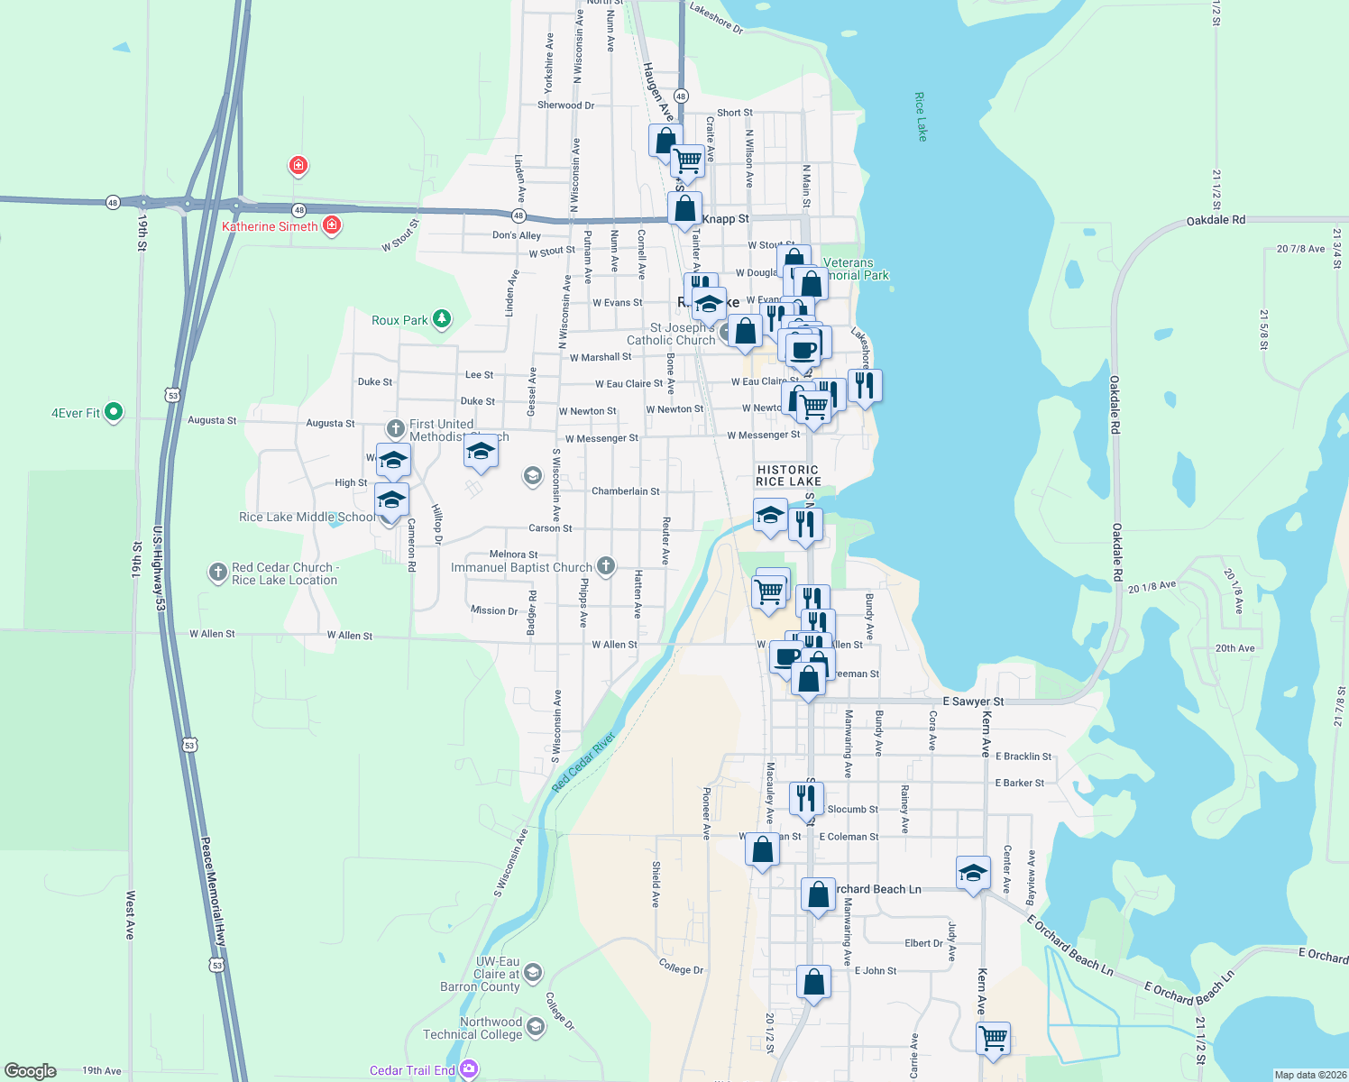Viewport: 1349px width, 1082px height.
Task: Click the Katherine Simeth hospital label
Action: click(270, 226)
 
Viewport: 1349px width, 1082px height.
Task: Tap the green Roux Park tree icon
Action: click(441, 318)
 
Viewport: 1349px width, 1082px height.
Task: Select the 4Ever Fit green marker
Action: click(113, 412)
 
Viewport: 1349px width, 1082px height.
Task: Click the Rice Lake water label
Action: click(921, 116)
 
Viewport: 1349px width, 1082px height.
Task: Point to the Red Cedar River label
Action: click(583, 762)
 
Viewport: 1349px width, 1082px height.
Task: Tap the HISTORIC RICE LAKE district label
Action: click(788, 475)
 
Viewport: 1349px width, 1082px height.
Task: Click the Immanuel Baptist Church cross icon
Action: click(606, 566)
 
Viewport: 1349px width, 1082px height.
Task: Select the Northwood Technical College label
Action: click(491, 1028)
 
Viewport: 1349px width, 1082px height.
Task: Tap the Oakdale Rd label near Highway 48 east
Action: click(1216, 220)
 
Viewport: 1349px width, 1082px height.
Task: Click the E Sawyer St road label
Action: click(973, 701)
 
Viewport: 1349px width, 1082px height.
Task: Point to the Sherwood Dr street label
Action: click(565, 105)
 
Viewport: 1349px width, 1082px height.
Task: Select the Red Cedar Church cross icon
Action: click(217, 572)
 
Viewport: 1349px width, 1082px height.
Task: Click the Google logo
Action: click(31, 1070)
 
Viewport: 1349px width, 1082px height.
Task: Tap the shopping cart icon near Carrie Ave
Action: click(993, 1037)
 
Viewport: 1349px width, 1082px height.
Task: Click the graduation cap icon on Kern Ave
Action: click(973, 872)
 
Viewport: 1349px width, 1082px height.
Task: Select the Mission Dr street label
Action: click(494, 610)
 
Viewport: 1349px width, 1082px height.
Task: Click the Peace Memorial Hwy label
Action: click(213, 892)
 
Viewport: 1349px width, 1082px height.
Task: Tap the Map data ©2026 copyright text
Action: click(1310, 1075)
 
